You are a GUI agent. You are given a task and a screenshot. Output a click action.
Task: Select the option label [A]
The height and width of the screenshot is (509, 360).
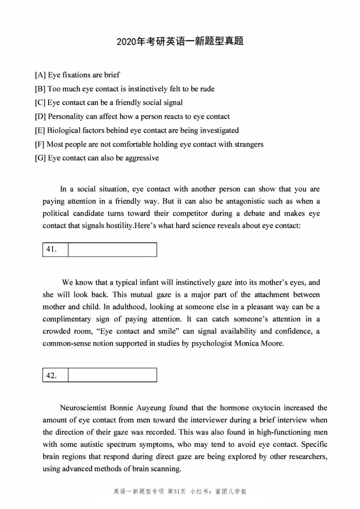tap(40, 75)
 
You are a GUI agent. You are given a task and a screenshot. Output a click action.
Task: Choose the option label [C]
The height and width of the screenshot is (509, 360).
tap(40, 103)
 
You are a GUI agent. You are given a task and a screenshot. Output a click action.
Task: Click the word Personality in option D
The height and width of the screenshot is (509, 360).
tap(66, 117)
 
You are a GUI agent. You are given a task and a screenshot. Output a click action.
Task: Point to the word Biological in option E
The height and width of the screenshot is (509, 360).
tap(64, 131)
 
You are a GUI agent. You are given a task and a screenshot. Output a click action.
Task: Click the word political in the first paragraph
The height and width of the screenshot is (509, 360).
tap(56, 213)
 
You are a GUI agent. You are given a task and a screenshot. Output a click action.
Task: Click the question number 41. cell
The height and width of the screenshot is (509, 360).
tap(55, 250)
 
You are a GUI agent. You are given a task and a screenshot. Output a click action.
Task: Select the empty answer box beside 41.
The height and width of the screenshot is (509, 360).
tap(112, 250)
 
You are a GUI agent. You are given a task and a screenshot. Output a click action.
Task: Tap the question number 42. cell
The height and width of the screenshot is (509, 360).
tap(55, 375)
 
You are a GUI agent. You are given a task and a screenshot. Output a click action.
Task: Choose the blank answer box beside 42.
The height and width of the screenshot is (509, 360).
tap(112, 375)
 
